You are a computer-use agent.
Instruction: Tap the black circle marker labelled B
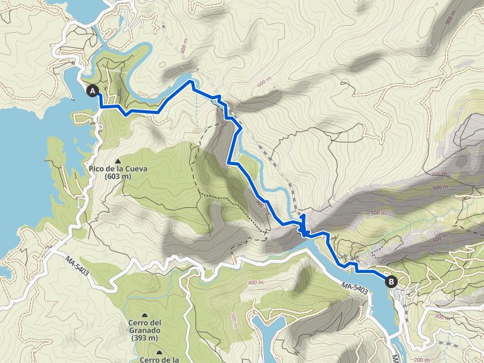pos(391,282)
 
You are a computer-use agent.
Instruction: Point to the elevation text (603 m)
pos(118,177)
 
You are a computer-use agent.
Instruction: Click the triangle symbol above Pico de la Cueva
pos(118,160)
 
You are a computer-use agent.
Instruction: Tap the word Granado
pos(145,330)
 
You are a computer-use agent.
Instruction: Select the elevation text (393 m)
pos(145,338)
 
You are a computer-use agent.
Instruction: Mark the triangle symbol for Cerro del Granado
pos(145,314)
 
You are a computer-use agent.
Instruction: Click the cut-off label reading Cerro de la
pos(158,359)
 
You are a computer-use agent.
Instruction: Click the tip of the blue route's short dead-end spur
pos(303,216)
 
